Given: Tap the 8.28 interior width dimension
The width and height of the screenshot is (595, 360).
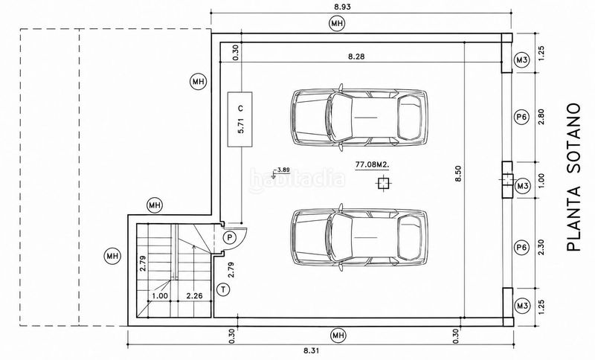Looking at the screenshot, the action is coord(356,57).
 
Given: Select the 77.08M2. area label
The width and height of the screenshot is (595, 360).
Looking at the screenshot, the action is coord(373,164).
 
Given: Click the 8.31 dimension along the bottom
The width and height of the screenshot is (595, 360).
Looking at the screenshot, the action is coord(311,351).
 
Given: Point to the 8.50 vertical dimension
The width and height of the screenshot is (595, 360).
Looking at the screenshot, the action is coord(458,173).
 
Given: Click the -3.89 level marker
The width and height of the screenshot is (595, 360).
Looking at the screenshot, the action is coord(282,170).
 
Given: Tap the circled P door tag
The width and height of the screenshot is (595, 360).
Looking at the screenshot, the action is coord(229,238).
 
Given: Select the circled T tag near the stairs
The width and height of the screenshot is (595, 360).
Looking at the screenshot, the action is coord(224,290).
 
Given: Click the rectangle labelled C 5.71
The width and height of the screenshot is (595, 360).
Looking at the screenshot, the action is coord(239,119).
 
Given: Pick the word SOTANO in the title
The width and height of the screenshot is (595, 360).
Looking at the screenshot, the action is coord(573,138).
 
